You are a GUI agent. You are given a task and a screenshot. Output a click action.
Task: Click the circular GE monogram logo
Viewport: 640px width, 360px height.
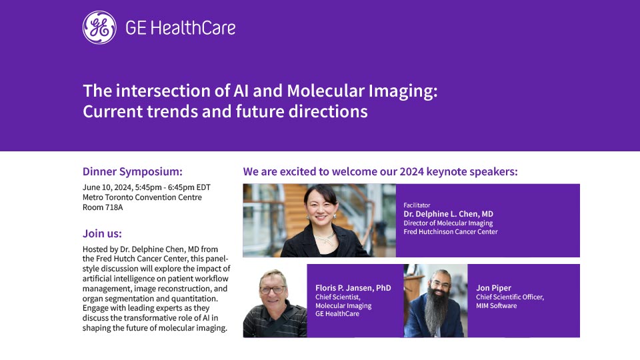pos(99,27)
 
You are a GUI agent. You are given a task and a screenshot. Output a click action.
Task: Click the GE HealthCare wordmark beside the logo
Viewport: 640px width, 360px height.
pos(181,28)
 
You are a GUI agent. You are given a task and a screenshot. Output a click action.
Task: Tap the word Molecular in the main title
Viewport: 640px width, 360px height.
pos(326,91)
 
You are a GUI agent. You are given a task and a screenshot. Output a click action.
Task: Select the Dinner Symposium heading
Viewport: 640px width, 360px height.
pos(133,171)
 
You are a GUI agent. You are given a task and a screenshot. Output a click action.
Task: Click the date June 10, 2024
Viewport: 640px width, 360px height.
pos(107,187)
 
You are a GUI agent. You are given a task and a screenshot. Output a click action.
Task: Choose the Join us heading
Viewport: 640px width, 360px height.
pos(102,233)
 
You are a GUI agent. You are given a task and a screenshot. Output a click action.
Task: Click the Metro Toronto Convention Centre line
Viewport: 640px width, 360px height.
pos(142,197)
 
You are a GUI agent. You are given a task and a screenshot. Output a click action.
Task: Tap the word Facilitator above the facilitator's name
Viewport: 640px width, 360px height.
pos(417,205)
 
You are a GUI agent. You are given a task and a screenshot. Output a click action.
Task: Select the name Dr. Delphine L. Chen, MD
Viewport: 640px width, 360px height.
pos(448,214)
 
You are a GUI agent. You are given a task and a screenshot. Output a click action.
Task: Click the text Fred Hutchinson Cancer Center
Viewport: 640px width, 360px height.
pos(451,231)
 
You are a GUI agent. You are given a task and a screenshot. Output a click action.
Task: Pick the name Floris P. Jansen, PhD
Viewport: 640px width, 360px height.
pos(353,288)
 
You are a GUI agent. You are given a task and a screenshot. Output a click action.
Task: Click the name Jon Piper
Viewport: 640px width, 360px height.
pos(493,288)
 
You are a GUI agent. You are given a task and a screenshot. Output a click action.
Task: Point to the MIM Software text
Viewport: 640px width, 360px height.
pos(496,306)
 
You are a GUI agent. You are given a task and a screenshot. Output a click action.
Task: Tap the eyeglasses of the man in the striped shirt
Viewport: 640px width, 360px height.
pos(273,290)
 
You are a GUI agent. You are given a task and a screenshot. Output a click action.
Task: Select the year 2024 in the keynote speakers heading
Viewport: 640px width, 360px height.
pos(412,171)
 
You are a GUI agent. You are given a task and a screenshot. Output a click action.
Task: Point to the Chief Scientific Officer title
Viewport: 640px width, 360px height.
pos(510,297)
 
